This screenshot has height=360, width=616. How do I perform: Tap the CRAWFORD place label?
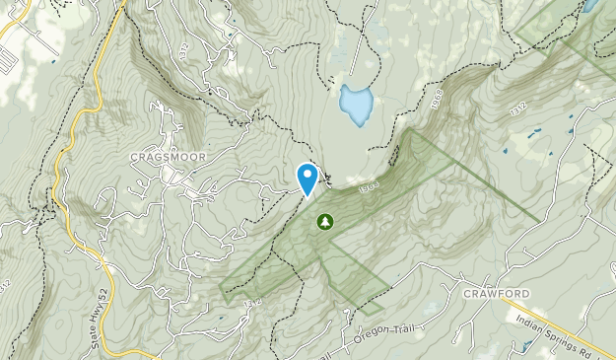497,294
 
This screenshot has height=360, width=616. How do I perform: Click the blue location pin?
308,178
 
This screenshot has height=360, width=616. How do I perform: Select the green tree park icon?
324,222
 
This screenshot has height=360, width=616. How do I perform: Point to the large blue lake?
355,104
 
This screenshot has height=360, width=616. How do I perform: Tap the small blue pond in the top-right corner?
589,5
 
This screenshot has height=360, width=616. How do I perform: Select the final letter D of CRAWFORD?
528,294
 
